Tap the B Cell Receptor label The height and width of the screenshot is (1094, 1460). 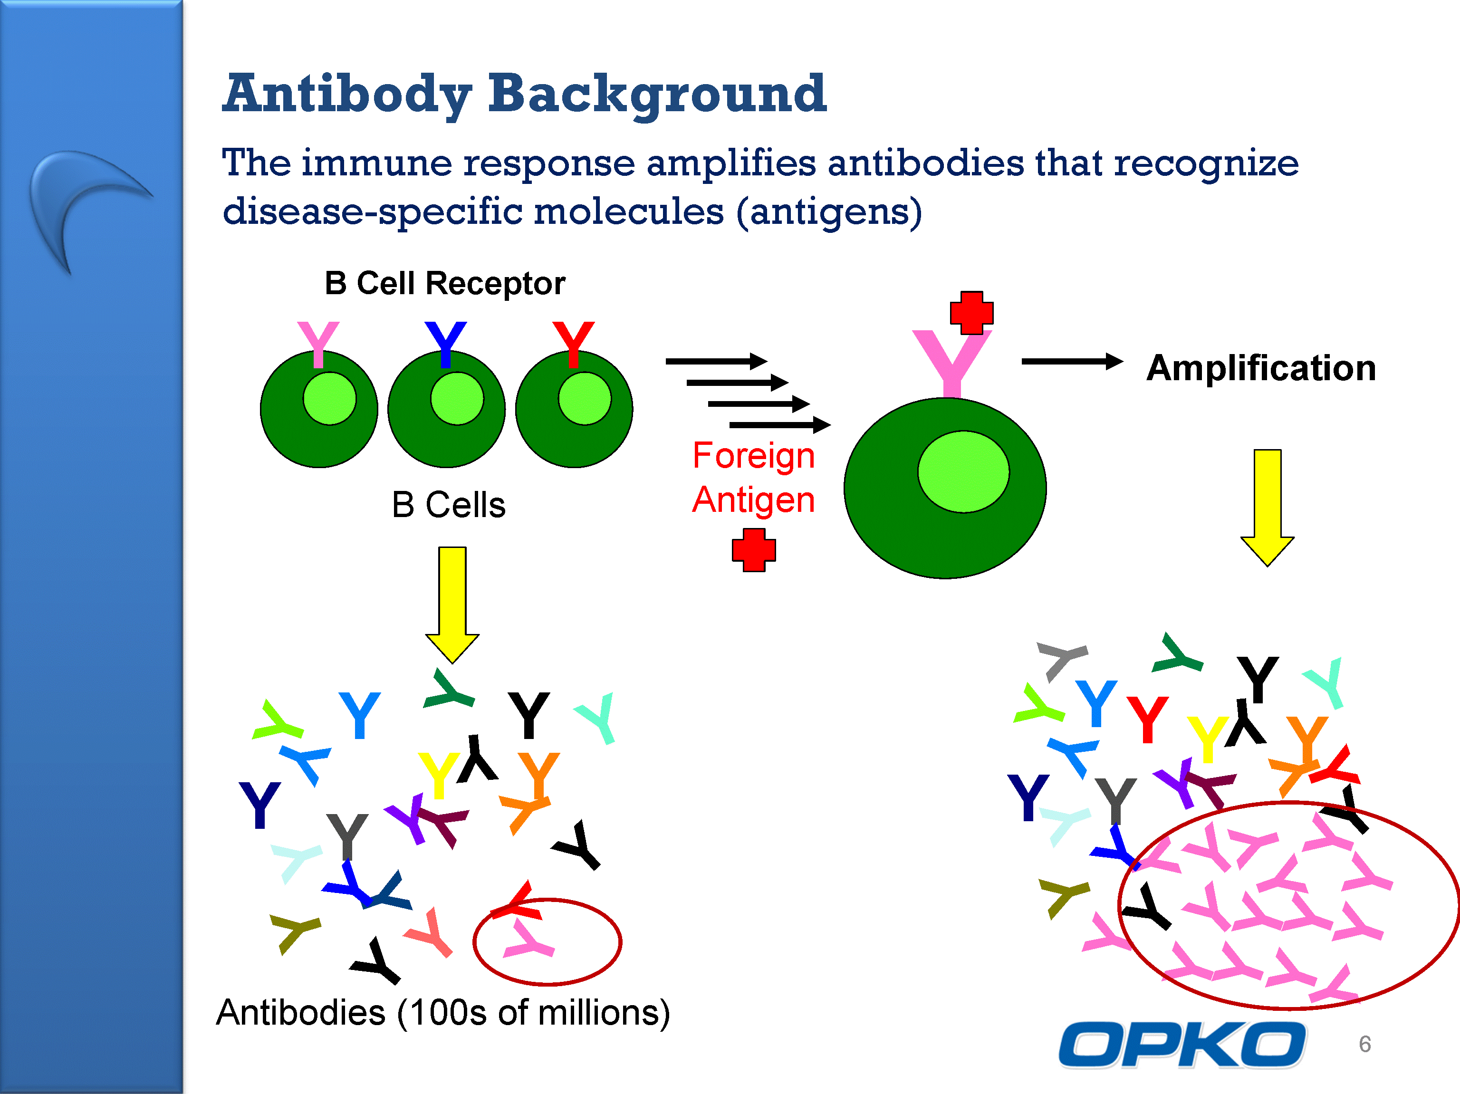click(445, 284)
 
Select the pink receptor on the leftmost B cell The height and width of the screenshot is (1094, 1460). click(318, 344)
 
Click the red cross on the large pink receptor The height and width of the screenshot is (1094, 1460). click(971, 313)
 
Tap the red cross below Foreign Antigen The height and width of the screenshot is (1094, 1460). click(754, 550)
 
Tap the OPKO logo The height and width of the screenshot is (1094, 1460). click(1181, 1045)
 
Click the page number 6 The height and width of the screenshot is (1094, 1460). click(1365, 1044)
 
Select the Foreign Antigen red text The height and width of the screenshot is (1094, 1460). click(754, 477)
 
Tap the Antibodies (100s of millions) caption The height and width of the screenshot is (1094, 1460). click(443, 1012)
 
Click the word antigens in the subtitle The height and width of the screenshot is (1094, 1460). click(829, 212)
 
